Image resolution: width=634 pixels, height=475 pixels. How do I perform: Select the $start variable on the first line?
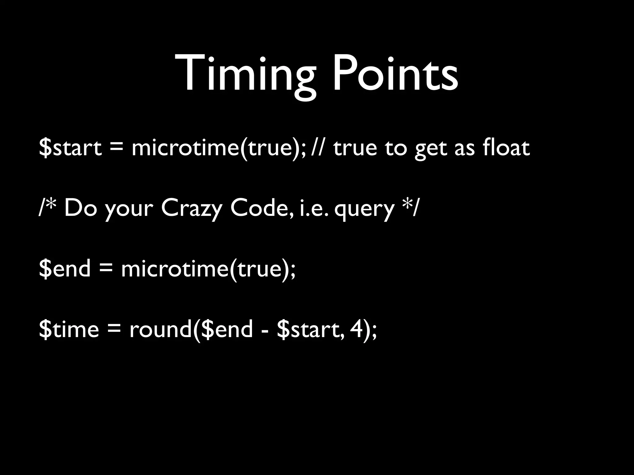[x=70, y=148]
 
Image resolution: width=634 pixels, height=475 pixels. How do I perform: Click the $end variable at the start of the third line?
[x=65, y=268]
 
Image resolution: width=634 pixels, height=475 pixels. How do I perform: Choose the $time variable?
[x=69, y=329]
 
